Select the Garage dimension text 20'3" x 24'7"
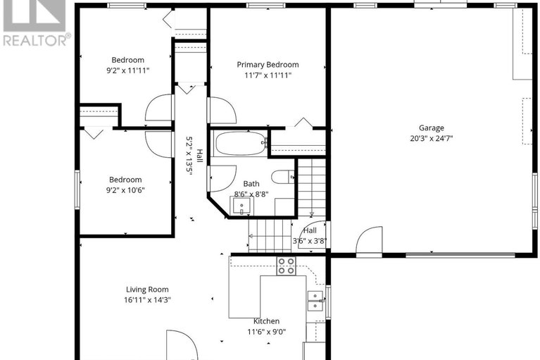(x=432, y=138)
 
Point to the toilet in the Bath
(x=283, y=177)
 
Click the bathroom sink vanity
(x=242, y=206)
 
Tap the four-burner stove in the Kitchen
(x=286, y=266)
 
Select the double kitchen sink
(x=315, y=301)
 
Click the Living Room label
(x=147, y=289)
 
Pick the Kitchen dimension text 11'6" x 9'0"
(x=266, y=332)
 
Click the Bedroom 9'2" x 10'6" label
(x=125, y=180)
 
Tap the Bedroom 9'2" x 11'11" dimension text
(x=127, y=70)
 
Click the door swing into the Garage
(x=368, y=241)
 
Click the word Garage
(x=432, y=128)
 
